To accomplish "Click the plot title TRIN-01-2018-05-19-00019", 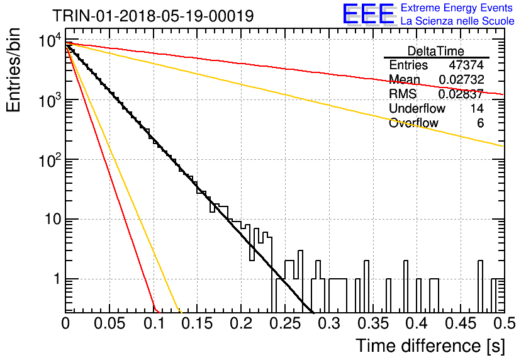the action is point(153,16).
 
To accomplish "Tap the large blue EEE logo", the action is point(369,14).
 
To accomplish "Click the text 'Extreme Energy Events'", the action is point(457,8).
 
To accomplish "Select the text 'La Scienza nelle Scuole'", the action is point(457,21).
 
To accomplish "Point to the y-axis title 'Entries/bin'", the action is point(13,70).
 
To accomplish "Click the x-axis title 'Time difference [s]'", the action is point(430,346).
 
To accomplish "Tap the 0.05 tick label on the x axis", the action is point(109,323).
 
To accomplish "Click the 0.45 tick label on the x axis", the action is point(461,323).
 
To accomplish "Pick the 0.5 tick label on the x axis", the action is point(504,323).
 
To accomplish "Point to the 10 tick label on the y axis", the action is point(53,220).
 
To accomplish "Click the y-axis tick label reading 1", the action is point(57,279).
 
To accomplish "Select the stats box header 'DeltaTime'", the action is point(436,51).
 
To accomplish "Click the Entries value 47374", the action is point(466,65).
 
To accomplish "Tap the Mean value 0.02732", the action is point(461,79).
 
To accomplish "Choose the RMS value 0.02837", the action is point(461,94).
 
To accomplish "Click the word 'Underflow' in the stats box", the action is point(417,108).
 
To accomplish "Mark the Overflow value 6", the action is point(480,123).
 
